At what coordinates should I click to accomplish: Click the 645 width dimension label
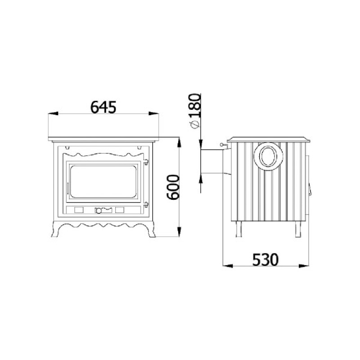click(103, 107)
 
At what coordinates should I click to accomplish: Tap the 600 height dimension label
click(173, 187)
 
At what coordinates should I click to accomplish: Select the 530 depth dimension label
click(265, 260)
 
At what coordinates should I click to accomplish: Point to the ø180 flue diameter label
click(194, 111)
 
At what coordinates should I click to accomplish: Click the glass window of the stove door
click(103, 181)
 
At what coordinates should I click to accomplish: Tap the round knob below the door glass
click(99, 211)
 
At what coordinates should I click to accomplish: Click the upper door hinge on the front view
click(146, 162)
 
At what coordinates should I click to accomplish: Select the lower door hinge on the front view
click(146, 204)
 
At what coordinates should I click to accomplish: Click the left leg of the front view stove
click(57, 229)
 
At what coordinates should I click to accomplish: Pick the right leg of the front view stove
click(150, 229)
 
